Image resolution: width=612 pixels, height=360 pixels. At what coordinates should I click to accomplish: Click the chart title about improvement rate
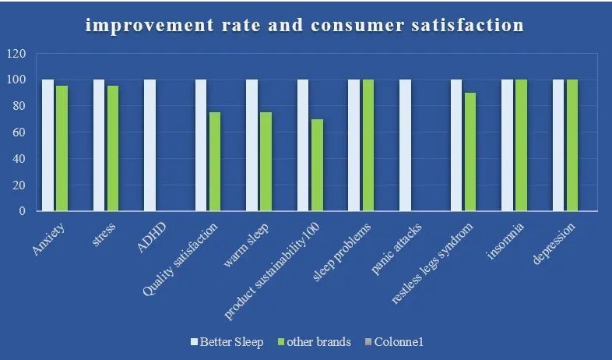[x=305, y=26]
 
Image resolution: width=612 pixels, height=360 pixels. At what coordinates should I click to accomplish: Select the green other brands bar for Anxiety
[x=62, y=148]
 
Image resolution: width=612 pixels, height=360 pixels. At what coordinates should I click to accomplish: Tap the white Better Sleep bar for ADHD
[x=150, y=145]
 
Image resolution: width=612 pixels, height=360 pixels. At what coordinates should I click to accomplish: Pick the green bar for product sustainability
[x=317, y=165]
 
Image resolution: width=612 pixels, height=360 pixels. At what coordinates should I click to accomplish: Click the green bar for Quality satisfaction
[x=214, y=161]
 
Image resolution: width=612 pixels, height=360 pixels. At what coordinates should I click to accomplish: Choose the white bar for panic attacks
[x=405, y=145]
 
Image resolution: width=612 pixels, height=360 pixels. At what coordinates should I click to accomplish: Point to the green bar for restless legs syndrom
[x=470, y=152]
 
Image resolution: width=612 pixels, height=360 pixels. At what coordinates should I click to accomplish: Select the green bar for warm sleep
[x=266, y=161]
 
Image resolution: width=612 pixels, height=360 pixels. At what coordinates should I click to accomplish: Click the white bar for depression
[x=558, y=145]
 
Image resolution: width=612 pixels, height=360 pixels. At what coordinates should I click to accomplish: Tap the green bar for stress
[x=113, y=148]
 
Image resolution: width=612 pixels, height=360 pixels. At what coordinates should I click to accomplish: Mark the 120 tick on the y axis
[x=16, y=54]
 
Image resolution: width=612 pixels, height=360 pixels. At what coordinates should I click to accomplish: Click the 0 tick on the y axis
[x=23, y=211]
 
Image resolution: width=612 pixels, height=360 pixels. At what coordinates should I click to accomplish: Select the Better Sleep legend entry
[x=227, y=342]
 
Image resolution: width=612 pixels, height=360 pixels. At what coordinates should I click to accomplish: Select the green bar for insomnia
[x=521, y=145]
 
